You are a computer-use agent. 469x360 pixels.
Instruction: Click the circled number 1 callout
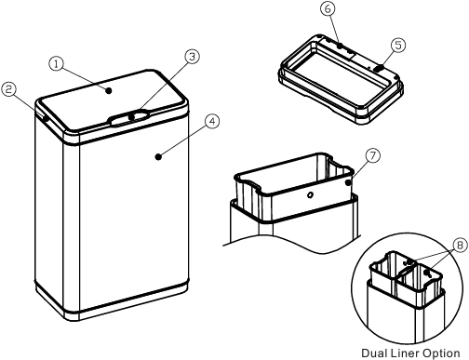(x=56, y=64)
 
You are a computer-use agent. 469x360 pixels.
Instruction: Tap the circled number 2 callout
(x=8, y=89)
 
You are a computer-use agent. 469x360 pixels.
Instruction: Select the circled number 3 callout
(x=193, y=57)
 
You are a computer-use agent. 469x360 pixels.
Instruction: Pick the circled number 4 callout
(x=212, y=122)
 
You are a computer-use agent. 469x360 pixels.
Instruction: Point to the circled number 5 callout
(x=398, y=46)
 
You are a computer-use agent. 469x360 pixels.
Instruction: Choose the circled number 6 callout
(x=328, y=9)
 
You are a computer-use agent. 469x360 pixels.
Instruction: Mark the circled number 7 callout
(x=372, y=155)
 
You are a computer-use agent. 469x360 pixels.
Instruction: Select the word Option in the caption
(x=441, y=353)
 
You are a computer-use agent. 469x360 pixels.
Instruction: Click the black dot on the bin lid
(x=109, y=90)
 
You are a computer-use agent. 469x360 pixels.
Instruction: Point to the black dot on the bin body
(x=158, y=157)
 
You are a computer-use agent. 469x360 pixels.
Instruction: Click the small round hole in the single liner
(x=310, y=195)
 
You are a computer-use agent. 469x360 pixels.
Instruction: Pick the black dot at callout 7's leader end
(x=349, y=182)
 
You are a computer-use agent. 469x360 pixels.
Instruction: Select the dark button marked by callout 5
(x=379, y=68)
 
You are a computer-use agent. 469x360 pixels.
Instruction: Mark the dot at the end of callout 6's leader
(x=340, y=46)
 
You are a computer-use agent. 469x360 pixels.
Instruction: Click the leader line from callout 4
(x=183, y=140)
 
